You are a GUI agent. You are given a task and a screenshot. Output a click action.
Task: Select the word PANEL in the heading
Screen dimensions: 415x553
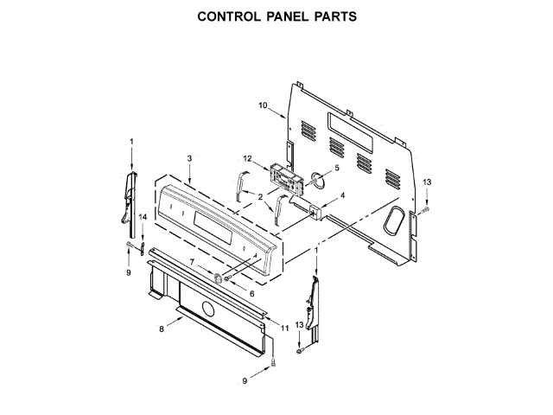point(278,16)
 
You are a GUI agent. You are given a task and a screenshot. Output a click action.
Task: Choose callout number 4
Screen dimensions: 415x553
point(342,195)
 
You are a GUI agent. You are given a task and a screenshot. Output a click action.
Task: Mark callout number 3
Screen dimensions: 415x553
point(189,158)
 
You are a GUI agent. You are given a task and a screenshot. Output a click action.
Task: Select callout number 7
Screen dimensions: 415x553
point(192,262)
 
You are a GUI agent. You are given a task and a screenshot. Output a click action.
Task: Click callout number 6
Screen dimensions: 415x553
point(252,294)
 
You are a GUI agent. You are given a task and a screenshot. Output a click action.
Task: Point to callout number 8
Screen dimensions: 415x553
point(162,329)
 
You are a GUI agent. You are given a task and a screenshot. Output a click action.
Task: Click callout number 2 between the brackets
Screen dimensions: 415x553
point(259,197)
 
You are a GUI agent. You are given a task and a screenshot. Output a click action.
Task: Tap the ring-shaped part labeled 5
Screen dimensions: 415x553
point(318,181)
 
